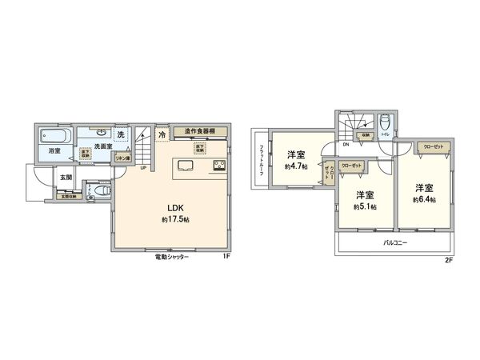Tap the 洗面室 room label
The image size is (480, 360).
101,146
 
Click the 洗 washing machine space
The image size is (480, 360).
122,134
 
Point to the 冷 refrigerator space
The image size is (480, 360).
162,134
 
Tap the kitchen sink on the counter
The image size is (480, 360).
185,166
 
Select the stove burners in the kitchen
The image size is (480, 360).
218,166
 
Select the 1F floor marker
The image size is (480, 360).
226,257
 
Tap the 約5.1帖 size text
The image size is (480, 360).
366,206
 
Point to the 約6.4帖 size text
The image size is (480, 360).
423,199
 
